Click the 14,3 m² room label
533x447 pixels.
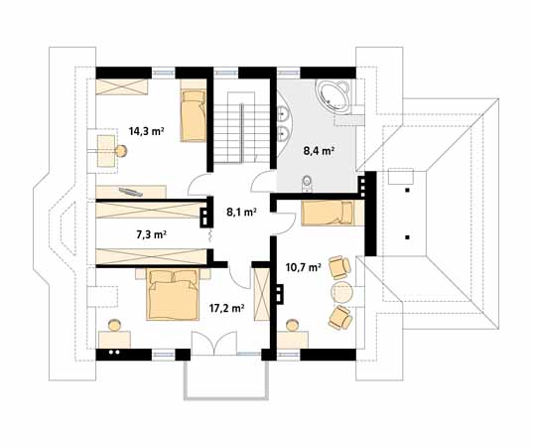(147, 131)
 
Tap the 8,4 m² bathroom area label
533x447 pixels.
(319, 151)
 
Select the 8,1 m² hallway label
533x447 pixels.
(241, 213)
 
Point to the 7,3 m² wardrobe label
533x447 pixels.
(151, 234)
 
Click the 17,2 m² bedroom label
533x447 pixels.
(226, 309)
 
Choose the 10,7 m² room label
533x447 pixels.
(304, 267)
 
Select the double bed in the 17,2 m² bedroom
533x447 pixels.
(173, 295)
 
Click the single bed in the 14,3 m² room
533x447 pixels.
(194, 115)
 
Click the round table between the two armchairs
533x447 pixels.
(342, 292)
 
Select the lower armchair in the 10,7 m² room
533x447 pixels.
(339, 318)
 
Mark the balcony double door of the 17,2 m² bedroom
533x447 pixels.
(213, 344)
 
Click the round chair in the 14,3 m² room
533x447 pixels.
(120, 151)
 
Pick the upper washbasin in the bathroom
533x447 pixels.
(283, 113)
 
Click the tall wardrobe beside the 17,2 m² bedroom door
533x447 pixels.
(262, 294)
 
